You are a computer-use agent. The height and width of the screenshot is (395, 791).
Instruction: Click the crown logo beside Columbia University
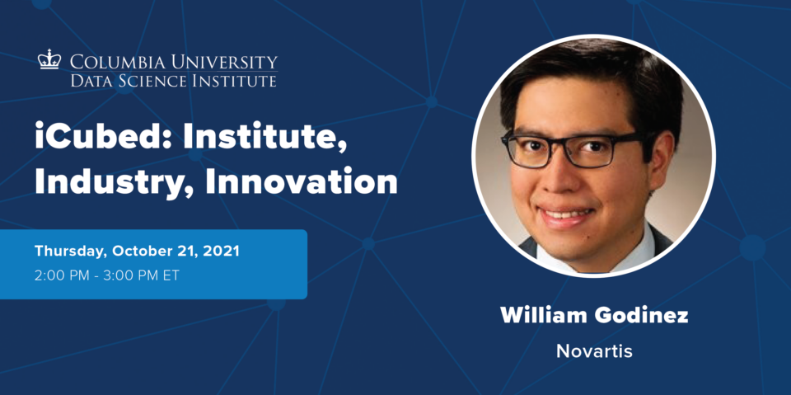(49, 59)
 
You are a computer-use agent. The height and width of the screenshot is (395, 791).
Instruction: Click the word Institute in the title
(265, 138)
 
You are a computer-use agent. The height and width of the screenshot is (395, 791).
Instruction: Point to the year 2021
(221, 251)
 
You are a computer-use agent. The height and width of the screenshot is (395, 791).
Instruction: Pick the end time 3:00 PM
(134, 276)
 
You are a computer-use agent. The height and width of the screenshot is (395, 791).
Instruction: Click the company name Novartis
(594, 351)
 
